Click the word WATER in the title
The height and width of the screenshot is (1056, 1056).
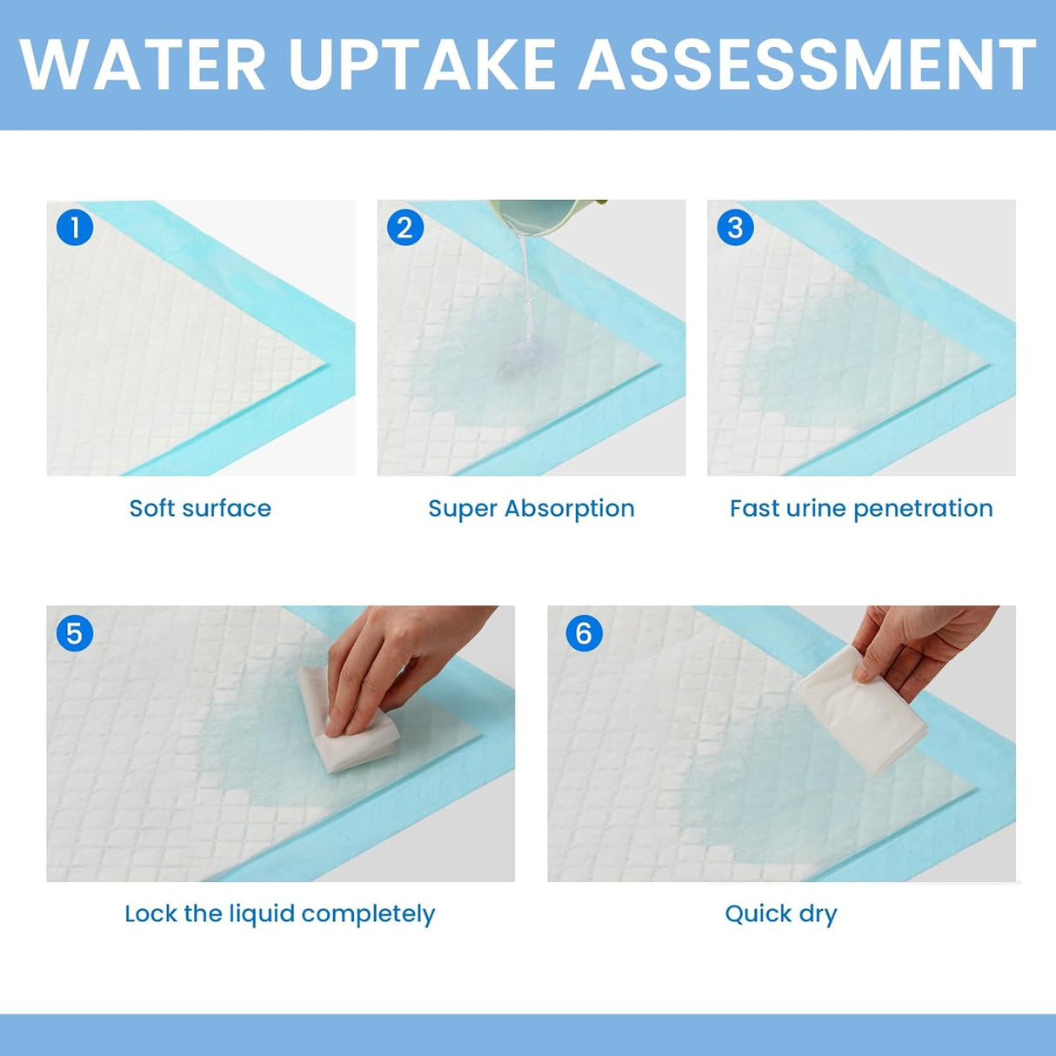click(143, 64)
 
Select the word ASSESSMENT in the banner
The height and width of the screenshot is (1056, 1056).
click(806, 64)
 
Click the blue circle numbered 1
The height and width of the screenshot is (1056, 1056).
click(75, 228)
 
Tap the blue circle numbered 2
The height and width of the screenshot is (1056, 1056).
click(404, 228)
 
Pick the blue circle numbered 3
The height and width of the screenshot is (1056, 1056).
click(735, 228)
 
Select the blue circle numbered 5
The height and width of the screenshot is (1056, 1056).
click(75, 633)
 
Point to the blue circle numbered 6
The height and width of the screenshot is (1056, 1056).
click(584, 633)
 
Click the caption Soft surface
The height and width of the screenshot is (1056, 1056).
click(200, 508)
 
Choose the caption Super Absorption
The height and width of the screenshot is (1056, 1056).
click(531, 508)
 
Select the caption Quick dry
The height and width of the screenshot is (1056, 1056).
click(780, 913)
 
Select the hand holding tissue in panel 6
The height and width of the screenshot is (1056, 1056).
click(922, 644)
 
